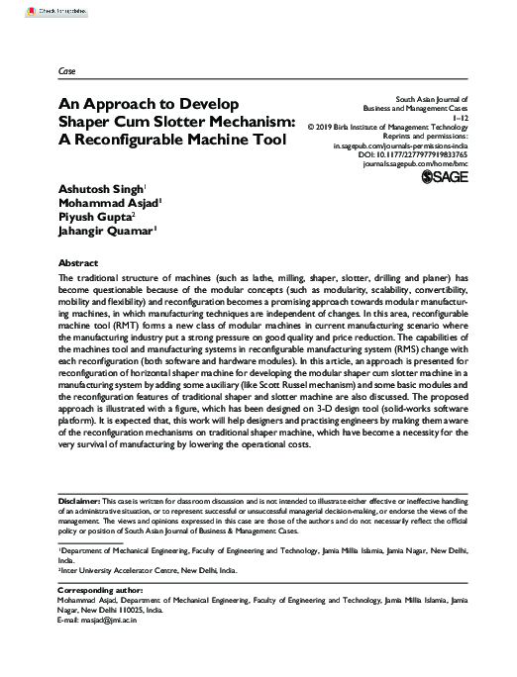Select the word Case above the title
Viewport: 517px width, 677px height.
40,74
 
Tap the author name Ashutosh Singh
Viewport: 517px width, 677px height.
77,187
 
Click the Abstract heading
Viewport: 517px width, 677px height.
51,263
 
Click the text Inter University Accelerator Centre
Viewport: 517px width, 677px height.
115,571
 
